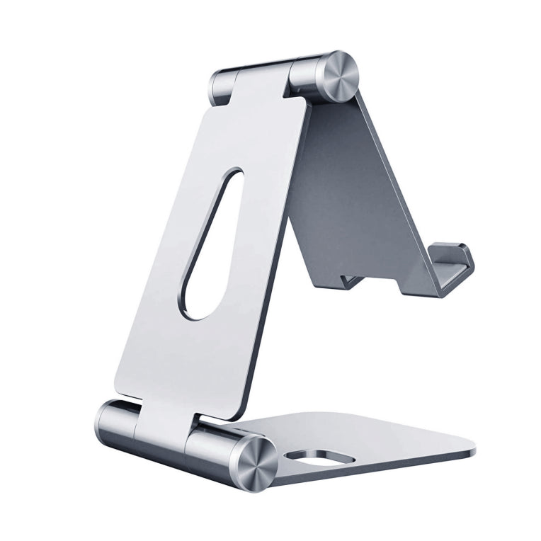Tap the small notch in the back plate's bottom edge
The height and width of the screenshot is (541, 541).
(x=351, y=280)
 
